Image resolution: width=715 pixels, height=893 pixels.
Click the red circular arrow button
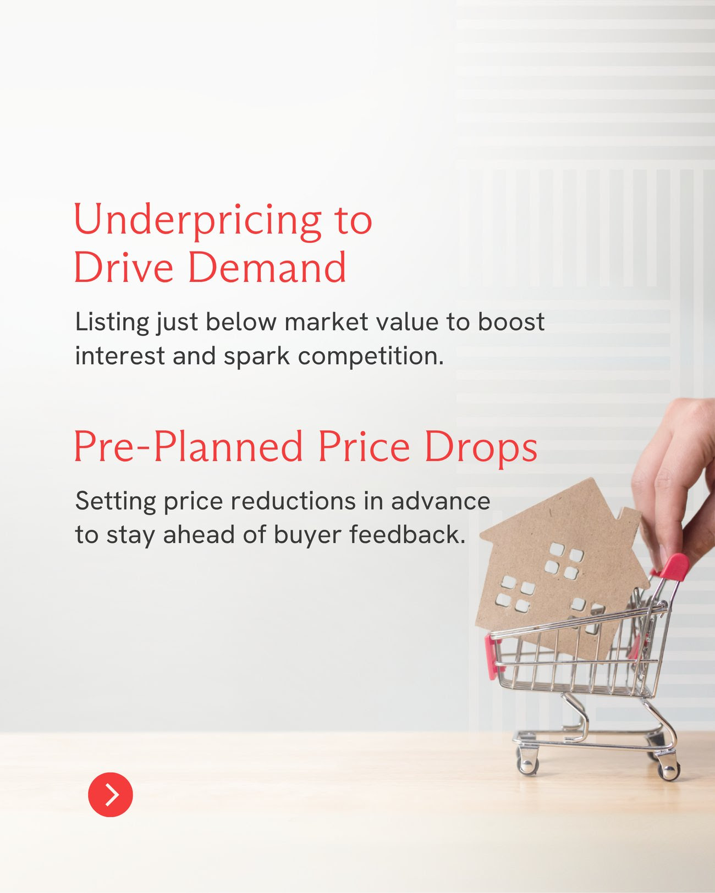pos(110,794)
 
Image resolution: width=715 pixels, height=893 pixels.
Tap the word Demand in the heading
pos(267,267)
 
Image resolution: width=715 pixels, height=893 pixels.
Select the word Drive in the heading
pos(123,267)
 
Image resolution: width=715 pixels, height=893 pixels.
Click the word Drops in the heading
pos(481,448)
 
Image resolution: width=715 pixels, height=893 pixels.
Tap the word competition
pos(371,357)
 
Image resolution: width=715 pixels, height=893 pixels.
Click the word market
pos(326,322)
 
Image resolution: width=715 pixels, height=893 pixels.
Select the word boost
pos(510,322)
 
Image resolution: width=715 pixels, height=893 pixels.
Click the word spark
pos(256,357)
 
